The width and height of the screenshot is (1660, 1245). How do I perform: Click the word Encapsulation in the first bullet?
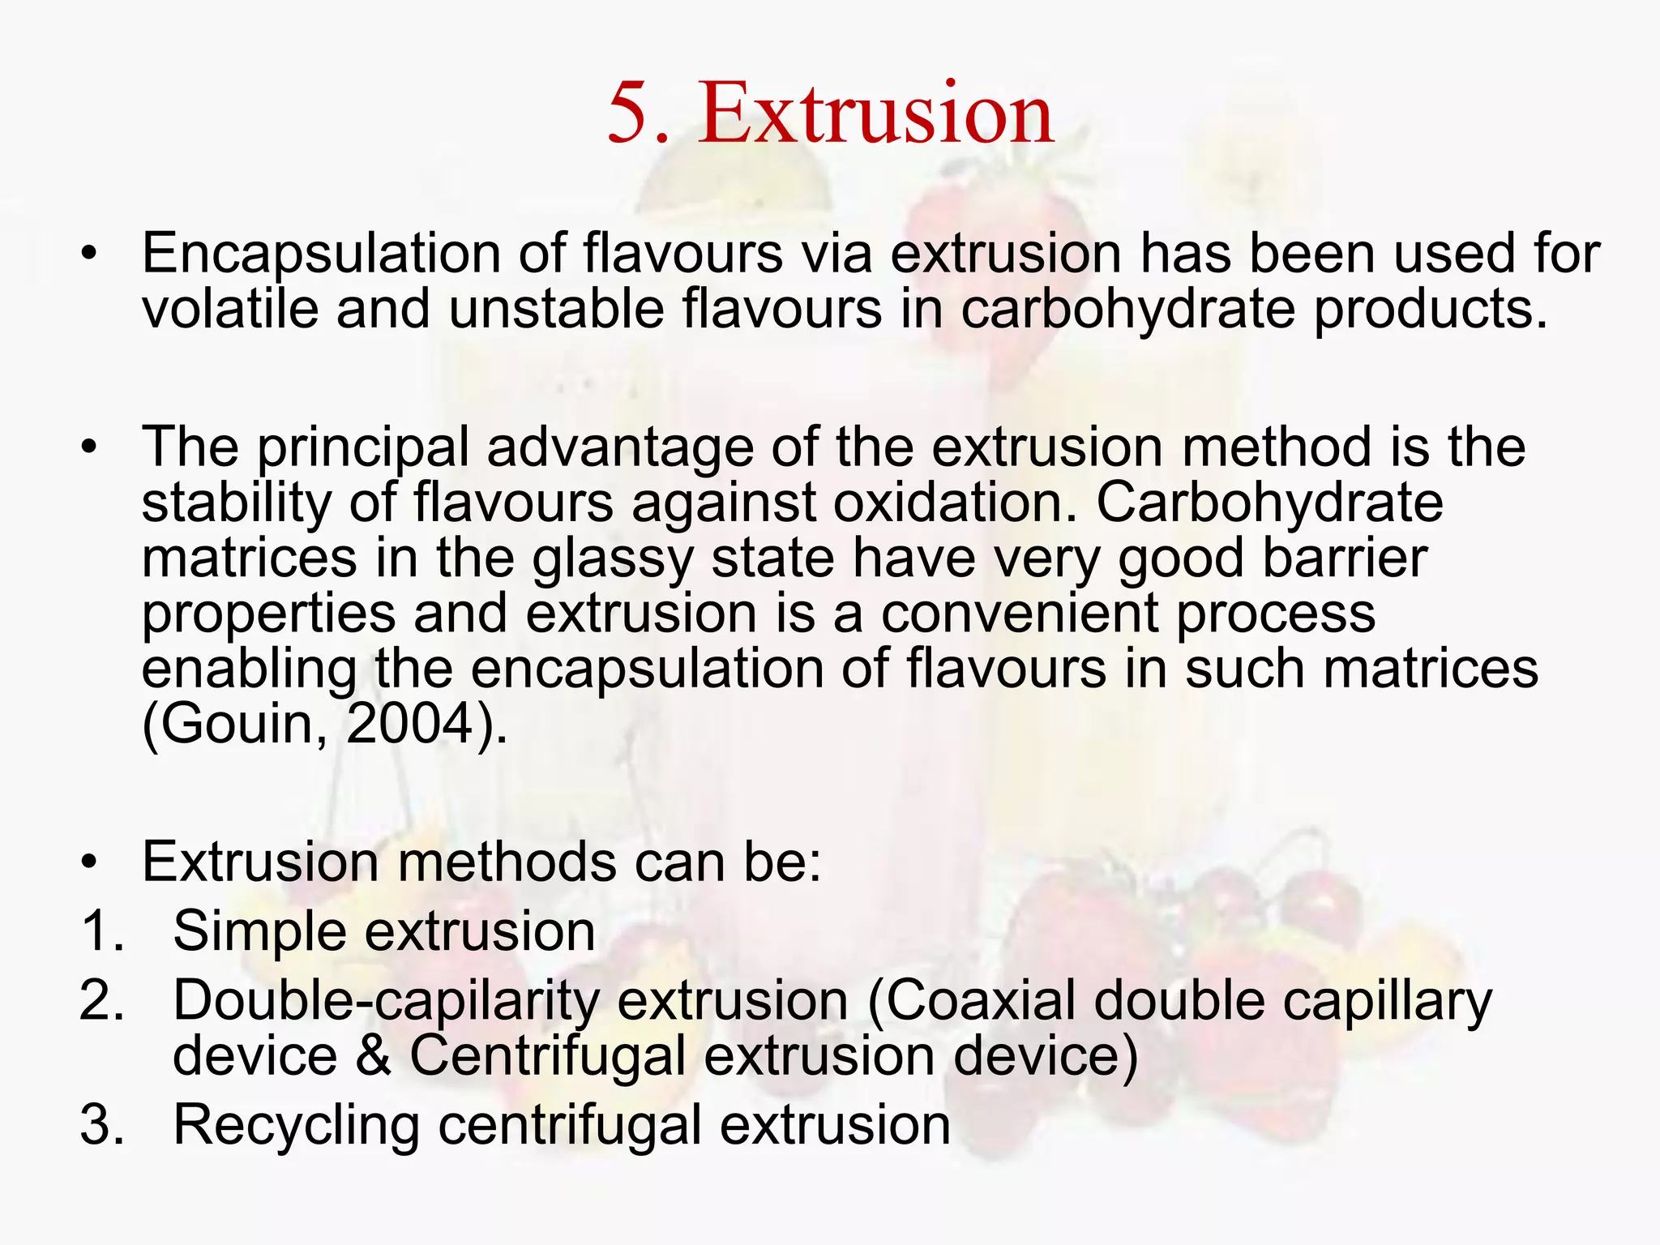pos(321,255)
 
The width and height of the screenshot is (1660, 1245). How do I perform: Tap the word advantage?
pos(619,449)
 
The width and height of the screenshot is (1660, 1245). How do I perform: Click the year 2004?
pos(410,723)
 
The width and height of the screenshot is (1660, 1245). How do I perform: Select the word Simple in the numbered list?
pos(259,932)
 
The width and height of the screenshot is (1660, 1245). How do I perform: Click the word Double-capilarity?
pos(386,1002)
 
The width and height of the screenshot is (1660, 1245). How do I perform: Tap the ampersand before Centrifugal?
pos(373,1057)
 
